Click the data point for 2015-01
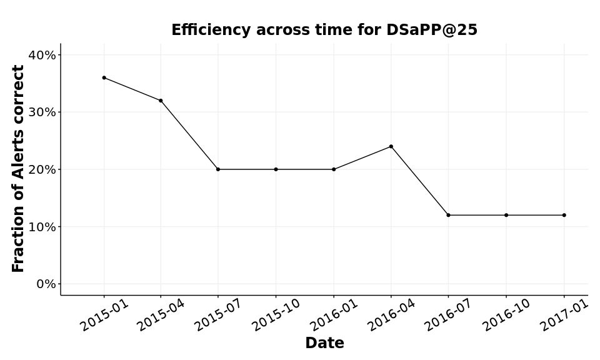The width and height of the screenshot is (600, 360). pyautogui.click(x=104, y=77)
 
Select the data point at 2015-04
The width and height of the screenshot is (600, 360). pyautogui.click(x=161, y=101)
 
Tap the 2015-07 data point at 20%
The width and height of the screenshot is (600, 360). pyautogui.click(x=218, y=169)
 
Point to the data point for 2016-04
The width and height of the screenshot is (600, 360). pyautogui.click(x=391, y=146)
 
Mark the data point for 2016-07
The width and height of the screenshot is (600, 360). pyautogui.click(x=448, y=215)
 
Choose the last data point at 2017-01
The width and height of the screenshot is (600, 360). pyautogui.click(x=564, y=215)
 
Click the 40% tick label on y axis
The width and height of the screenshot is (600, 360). pyautogui.click(x=42, y=55)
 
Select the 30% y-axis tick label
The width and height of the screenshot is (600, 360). pyautogui.click(x=42, y=112)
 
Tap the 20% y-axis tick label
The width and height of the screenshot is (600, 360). pyautogui.click(x=42, y=169)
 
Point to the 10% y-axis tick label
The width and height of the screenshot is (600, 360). pyautogui.click(x=42, y=227)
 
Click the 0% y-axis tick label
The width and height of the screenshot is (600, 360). pyautogui.click(x=46, y=284)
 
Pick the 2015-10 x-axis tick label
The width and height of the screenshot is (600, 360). pyautogui.click(x=276, y=315)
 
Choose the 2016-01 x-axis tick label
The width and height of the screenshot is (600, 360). pyautogui.click(x=334, y=315)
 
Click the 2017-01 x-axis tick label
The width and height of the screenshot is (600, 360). pyautogui.click(x=564, y=315)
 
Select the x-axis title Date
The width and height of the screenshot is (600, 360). pyautogui.click(x=324, y=343)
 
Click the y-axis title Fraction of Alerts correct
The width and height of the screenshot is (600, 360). pyautogui.click(x=19, y=169)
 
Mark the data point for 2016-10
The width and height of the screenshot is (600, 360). pyautogui.click(x=506, y=215)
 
